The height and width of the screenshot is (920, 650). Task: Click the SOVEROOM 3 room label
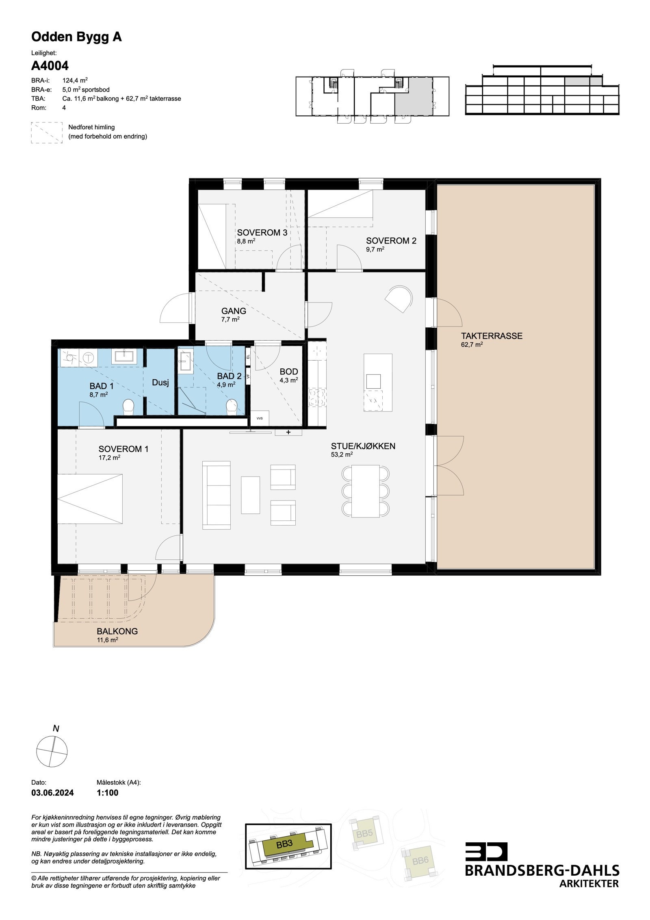[x=262, y=233]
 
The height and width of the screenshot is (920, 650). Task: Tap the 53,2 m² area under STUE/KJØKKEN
[x=342, y=455]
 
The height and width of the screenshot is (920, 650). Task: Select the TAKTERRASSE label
[x=491, y=336]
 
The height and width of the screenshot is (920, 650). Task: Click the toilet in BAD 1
[x=128, y=407]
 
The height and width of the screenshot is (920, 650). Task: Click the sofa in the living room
[x=217, y=495]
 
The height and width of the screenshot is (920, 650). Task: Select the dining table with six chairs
[x=365, y=491]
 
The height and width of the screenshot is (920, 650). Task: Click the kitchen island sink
[x=373, y=381]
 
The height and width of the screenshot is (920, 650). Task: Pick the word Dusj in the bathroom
[x=160, y=383]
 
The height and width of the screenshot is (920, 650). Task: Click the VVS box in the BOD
[x=259, y=418]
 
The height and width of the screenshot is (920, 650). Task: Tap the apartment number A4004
[x=50, y=65]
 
